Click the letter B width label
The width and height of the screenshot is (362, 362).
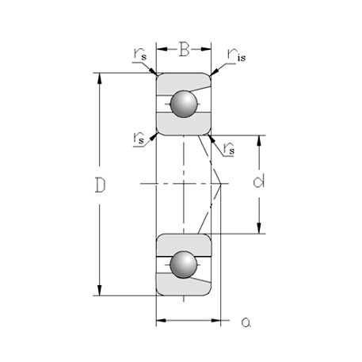tap(184, 51)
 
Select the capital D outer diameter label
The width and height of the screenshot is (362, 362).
tap(100, 185)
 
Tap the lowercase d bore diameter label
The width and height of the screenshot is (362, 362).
tap(258, 183)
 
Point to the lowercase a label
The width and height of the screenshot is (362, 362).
tap(246, 322)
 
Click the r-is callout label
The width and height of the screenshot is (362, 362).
tap(237, 54)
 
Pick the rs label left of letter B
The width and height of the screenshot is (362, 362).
tap(140, 54)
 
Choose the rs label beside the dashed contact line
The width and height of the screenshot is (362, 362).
tap(229, 147)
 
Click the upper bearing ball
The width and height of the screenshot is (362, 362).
tap(185, 104)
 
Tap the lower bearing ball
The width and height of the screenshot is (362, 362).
tap(185, 265)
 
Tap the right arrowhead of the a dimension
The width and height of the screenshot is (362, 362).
tap(216, 321)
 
